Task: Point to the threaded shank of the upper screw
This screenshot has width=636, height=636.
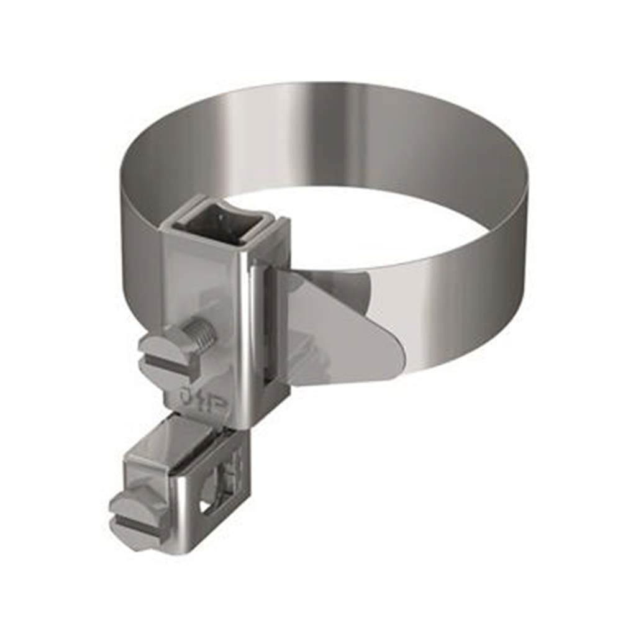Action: tap(202, 334)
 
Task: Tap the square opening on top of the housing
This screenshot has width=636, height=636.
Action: tap(220, 224)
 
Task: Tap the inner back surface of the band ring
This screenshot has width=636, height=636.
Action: tap(323, 137)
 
